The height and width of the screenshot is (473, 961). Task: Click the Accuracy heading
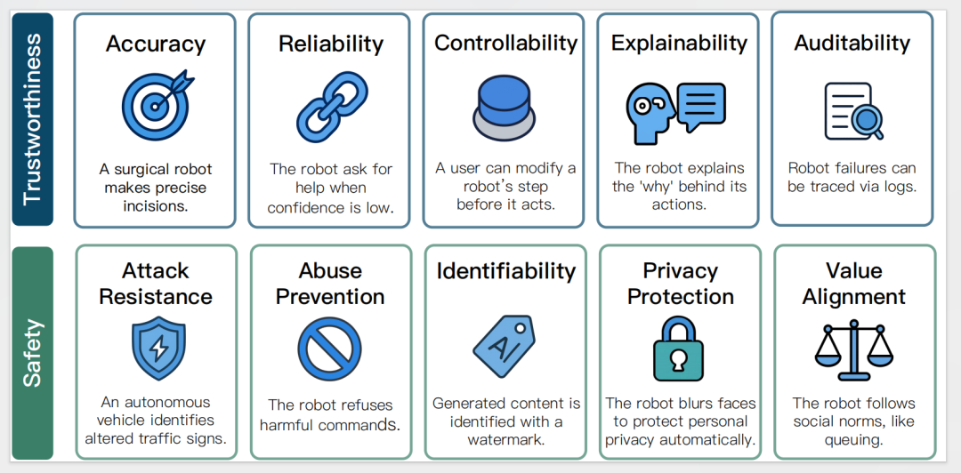point(156,44)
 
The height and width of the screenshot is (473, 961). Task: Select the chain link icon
point(331,108)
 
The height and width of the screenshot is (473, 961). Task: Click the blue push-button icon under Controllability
point(505,108)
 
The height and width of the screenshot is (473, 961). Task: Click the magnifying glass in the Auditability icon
point(867,121)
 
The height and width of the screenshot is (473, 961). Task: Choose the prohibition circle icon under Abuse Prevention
point(330,349)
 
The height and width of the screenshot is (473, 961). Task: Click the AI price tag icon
point(504,346)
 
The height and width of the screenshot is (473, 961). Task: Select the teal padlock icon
point(678,349)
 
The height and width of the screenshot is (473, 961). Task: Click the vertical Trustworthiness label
point(32,119)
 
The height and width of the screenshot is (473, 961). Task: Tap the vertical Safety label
point(32,353)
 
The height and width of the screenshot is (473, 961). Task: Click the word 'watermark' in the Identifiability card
point(506,440)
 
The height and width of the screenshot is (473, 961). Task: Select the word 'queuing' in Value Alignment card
point(853,440)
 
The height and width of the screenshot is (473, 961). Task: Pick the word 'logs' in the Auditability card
point(901,187)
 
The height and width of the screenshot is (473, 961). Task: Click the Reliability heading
point(331,44)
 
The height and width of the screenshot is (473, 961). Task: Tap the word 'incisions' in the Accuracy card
point(155,205)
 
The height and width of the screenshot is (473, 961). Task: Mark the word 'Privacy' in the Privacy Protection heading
point(681,270)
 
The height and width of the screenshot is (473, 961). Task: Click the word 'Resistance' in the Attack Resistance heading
point(156,297)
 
